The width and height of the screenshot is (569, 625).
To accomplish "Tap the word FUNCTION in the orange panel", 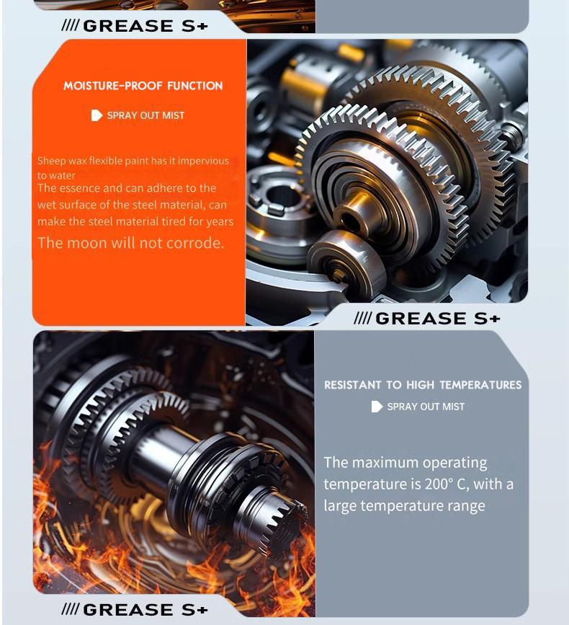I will click(x=194, y=86).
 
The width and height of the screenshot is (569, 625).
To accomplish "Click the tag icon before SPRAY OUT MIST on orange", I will click(x=97, y=115).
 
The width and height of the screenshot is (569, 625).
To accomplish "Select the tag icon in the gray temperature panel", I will click(x=377, y=407).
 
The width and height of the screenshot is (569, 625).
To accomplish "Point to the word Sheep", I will click(x=50, y=161).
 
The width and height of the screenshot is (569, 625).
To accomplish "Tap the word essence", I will click(x=80, y=188).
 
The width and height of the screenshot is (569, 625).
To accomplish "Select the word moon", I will click(x=86, y=243).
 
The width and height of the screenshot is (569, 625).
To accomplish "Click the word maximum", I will click(x=384, y=463).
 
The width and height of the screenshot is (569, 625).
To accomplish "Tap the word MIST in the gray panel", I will click(x=453, y=407).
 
